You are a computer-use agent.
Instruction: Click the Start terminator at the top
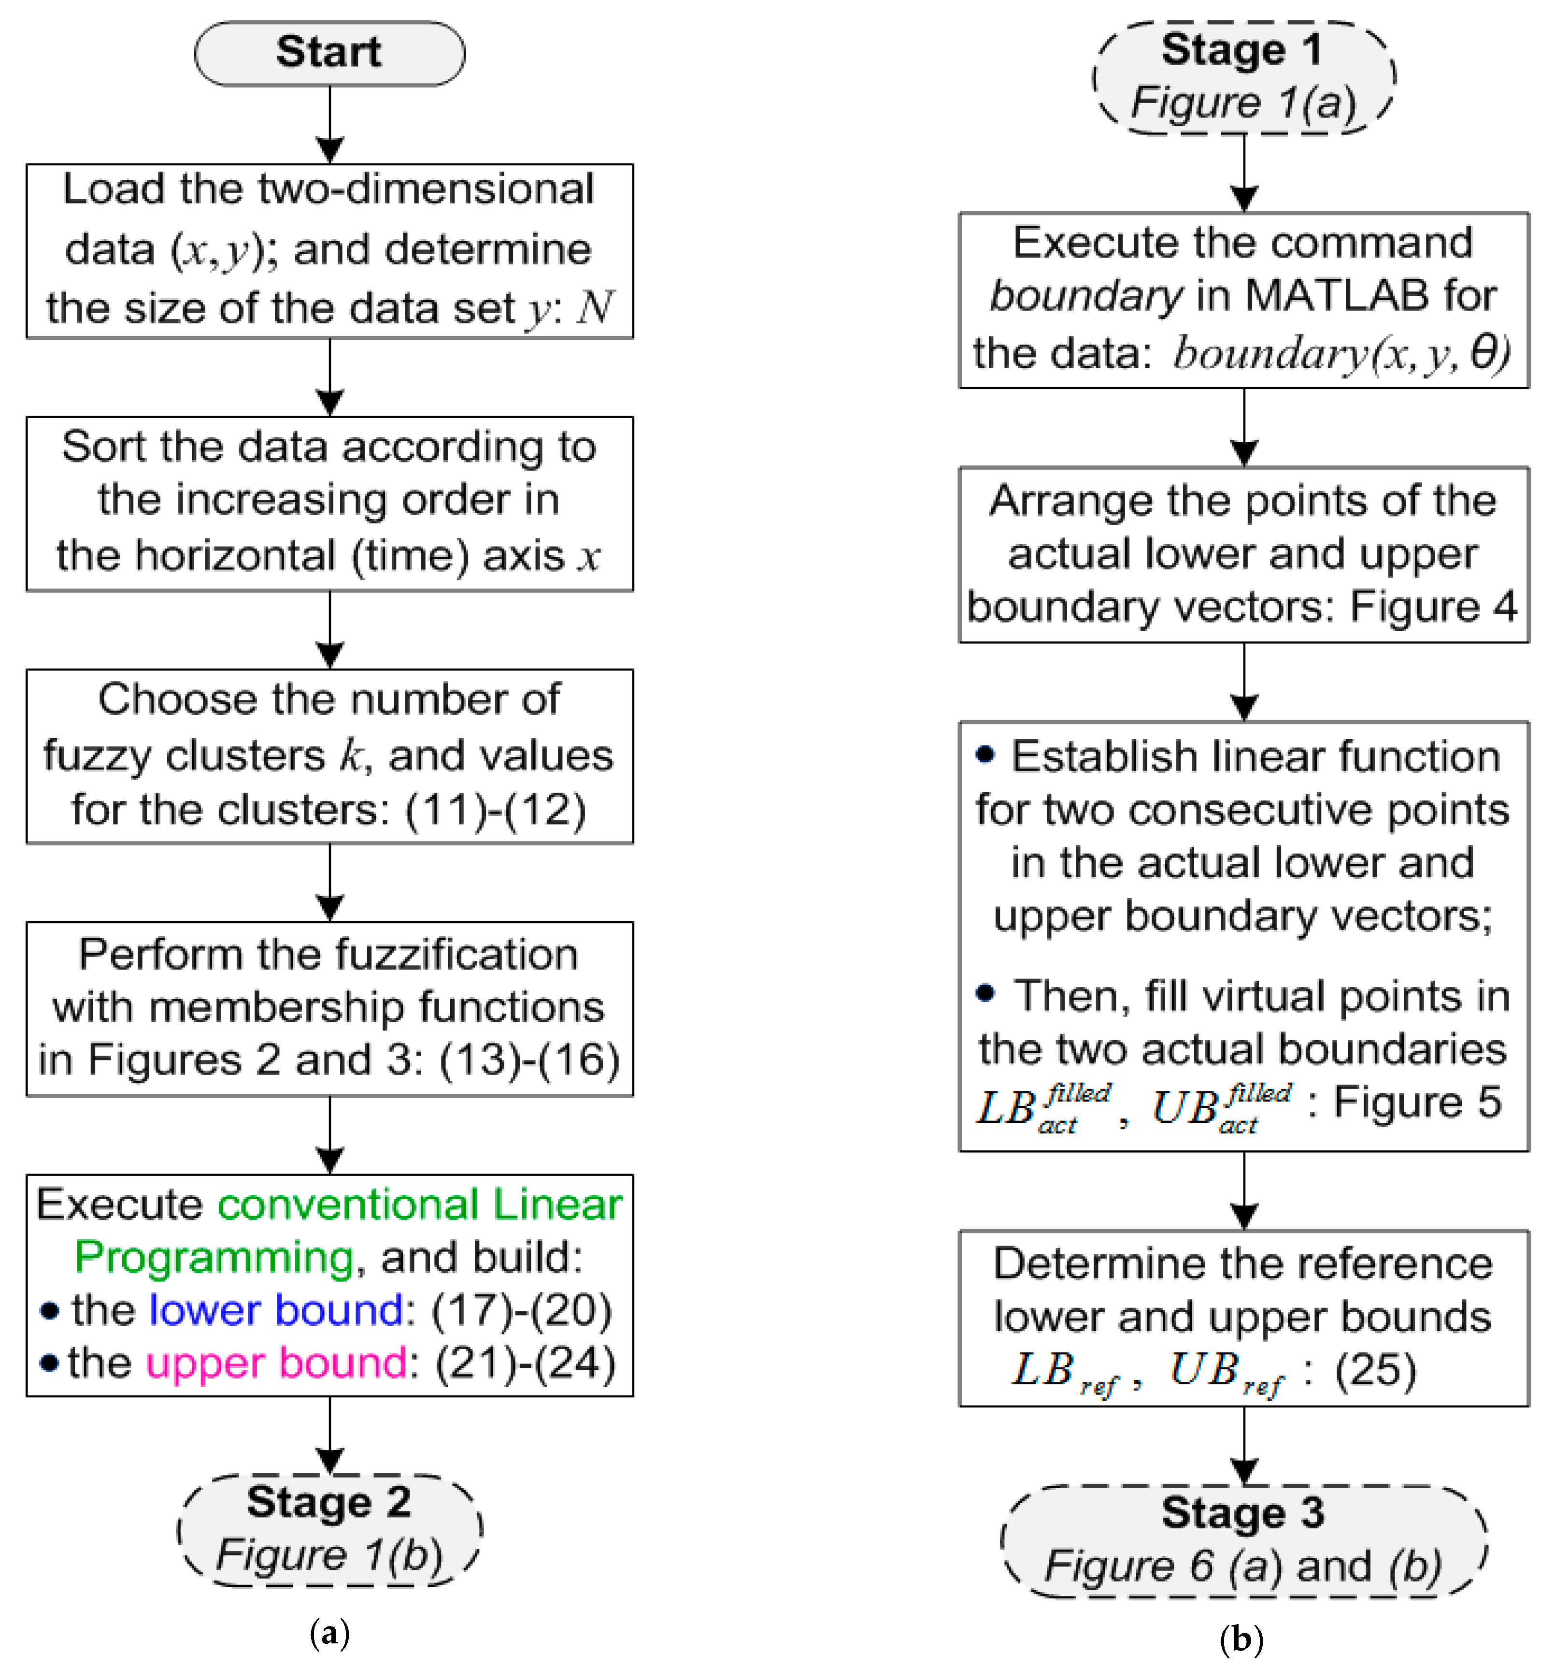(329, 53)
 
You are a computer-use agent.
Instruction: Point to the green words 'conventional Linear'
(420, 1205)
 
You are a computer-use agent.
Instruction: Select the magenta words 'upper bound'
(276, 1363)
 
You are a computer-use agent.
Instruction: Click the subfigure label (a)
(329, 1633)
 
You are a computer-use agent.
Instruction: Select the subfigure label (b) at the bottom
(1241, 1638)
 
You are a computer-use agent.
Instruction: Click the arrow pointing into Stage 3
(1244, 1444)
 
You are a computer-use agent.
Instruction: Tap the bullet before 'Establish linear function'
(985, 755)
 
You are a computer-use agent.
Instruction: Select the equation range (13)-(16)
(528, 1059)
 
